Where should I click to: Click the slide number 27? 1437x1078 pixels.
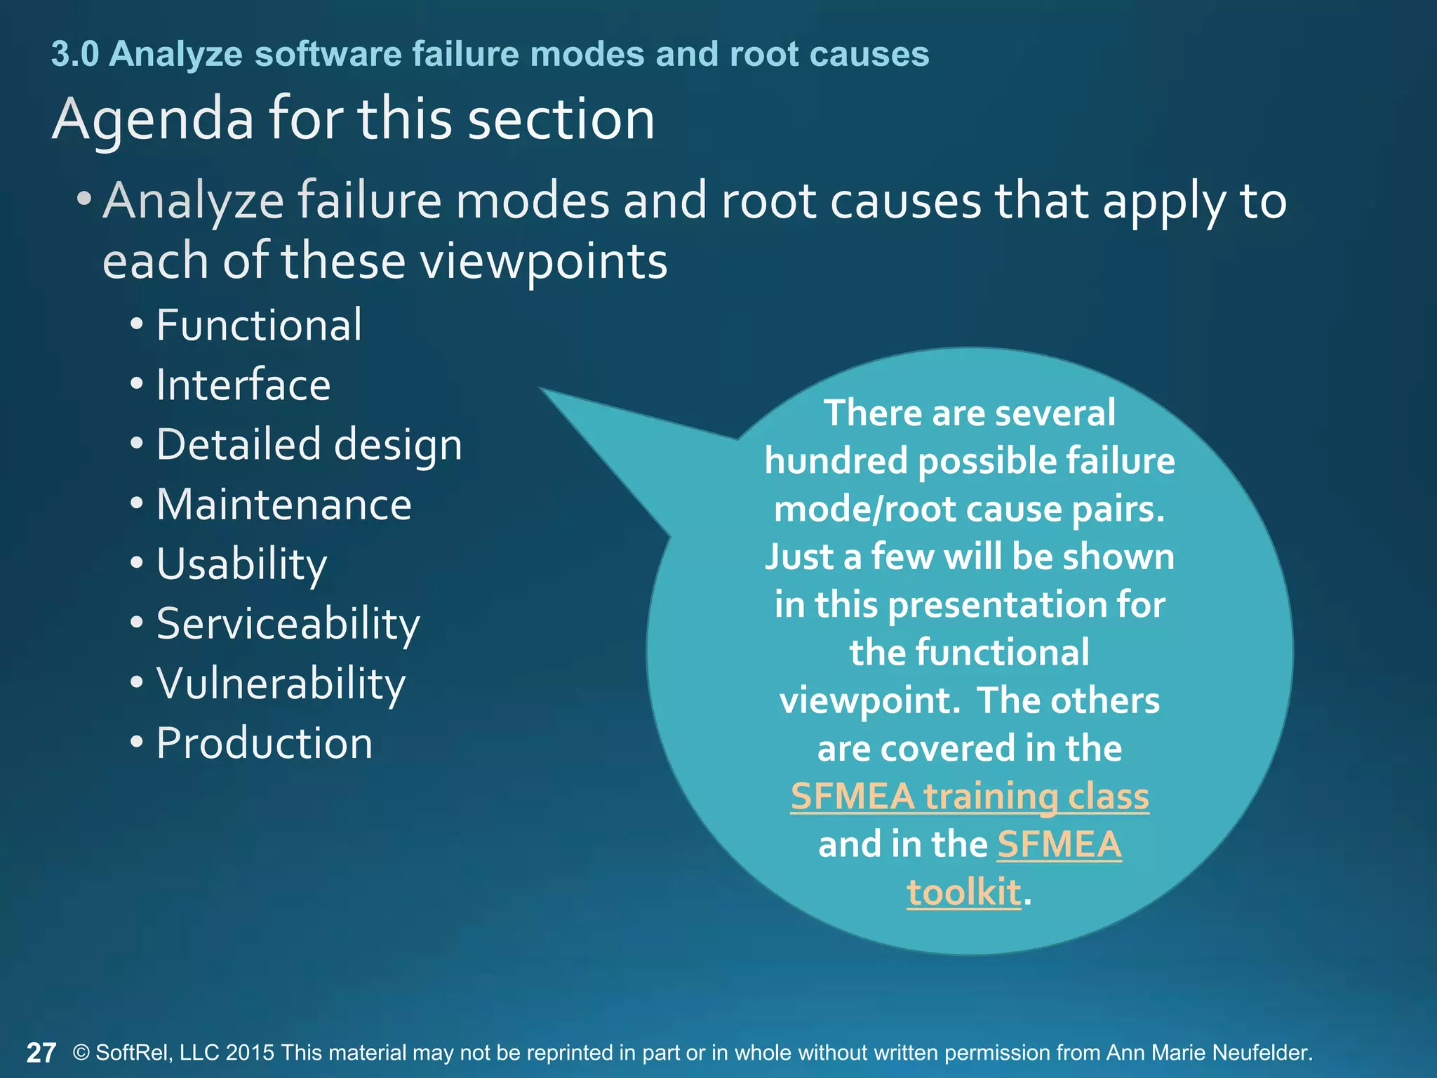pos(41,1053)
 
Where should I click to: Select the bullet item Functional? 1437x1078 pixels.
pos(259,325)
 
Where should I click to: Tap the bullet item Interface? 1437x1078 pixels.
pos(243,385)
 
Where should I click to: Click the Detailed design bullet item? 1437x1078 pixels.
pos(309,445)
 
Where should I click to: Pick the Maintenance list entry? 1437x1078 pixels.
pos(283,505)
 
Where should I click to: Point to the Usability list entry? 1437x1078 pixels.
pos(241,564)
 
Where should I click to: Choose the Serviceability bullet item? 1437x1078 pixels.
pos(288,624)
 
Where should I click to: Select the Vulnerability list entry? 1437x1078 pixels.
pos(281,684)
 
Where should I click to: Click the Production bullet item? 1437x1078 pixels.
pos(264,743)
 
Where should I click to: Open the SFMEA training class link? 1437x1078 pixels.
pos(970,797)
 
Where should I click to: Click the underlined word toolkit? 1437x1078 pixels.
pos(963,892)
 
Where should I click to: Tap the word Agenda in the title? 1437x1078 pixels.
pos(152,119)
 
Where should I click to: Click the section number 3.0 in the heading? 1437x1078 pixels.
pos(74,54)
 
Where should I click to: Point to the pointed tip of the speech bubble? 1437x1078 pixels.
pos(542,389)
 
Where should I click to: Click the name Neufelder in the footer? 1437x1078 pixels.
pos(1262,1053)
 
